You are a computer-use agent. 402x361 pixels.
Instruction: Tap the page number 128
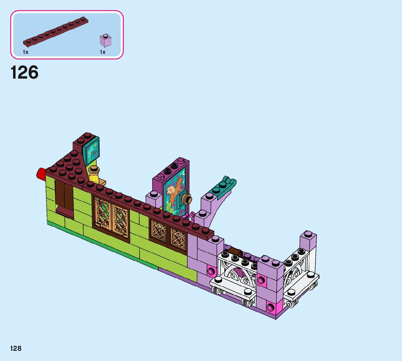point(16,348)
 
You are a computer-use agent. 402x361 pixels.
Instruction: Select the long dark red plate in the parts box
point(56,31)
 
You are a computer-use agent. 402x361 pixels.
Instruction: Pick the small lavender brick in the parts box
point(105,40)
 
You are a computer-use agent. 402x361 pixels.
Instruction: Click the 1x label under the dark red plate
point(26,52)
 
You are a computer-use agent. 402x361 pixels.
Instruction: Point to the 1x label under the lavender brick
point(102,52)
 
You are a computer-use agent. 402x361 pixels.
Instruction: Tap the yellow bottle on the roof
point(94,175)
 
